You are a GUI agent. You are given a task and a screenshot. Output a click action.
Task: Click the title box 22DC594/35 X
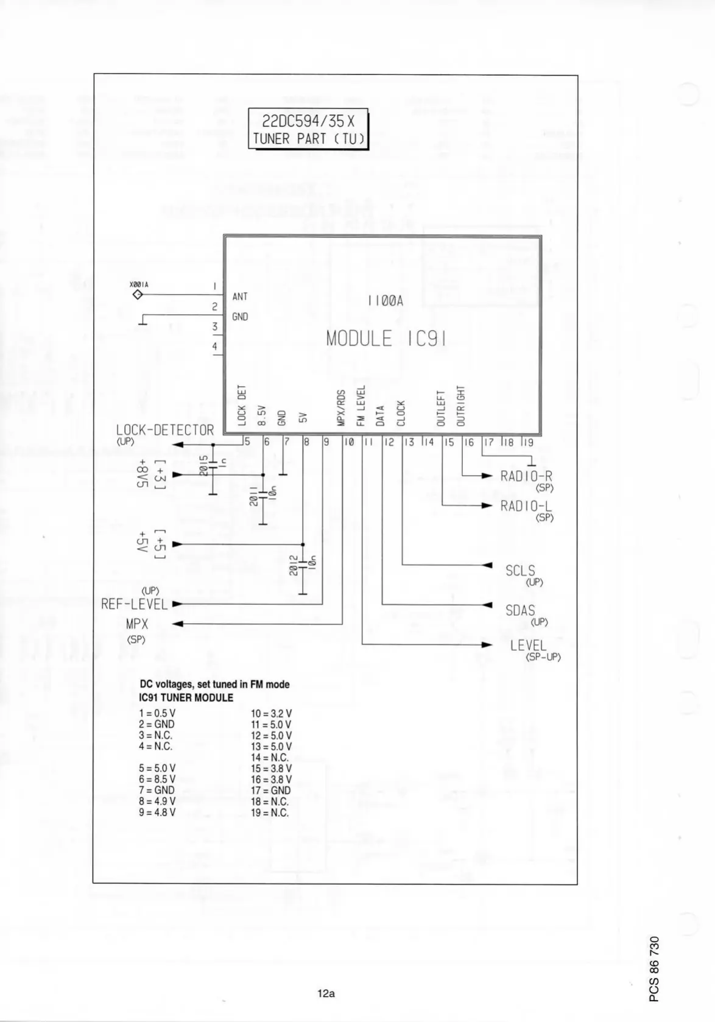[x=308, y=129]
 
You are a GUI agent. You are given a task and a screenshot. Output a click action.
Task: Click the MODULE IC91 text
[x=386, y=339]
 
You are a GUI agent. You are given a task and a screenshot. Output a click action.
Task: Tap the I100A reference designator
[x=386, y=301]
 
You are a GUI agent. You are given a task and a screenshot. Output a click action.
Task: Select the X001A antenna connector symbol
[x=138, y=295]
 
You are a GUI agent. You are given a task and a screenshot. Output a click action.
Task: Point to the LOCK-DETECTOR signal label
[x=165, y=430]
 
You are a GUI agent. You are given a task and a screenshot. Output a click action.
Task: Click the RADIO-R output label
[x=526, y=476]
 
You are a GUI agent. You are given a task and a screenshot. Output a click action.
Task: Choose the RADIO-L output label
[x=526, y=506]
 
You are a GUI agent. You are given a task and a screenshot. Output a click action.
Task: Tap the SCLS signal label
[x=520, y=571]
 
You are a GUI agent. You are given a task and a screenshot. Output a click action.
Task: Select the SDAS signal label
[x=520, y=610]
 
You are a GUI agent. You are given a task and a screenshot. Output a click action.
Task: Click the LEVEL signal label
[x=528, y=645]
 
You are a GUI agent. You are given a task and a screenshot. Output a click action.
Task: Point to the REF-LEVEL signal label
[x=135, y=604]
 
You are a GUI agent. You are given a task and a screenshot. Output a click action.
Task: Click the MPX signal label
[x=137, y=624]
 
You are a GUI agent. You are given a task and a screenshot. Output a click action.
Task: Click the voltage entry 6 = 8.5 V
[x=157, y=779]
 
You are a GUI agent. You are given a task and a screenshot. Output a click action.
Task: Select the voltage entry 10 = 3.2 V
[x=271, y=713]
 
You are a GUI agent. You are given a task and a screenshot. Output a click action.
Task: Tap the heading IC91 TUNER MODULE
[x=186, y=697]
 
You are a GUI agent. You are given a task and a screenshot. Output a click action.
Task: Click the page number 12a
[x=326, y=993]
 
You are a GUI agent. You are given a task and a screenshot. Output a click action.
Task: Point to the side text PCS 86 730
[x=654, y=968]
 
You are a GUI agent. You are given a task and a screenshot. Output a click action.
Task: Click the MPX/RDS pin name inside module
[x=342, y=407]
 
